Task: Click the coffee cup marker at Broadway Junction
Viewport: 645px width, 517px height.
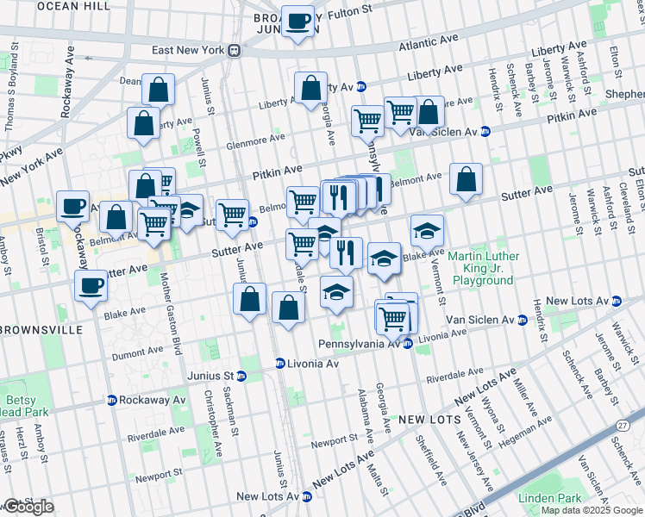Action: click(299, 22)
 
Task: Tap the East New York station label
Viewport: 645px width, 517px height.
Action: click(188, 50)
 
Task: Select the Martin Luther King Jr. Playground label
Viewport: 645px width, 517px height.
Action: click(484, 268)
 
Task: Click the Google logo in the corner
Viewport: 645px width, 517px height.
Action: click(28, 507)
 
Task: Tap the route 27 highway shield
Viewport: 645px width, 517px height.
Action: click(623, 425)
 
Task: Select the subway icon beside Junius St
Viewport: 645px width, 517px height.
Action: click(241, 376)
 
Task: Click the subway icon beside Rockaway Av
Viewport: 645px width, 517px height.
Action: click(112, 401)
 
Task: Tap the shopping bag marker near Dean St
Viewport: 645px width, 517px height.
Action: click(159, 90)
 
